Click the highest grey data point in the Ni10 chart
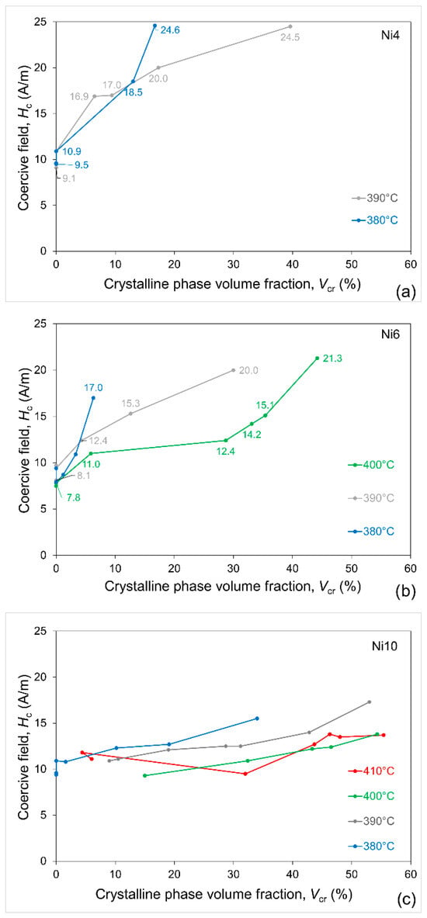tap(369, 702)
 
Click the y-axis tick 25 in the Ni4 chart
tap(42, 22)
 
